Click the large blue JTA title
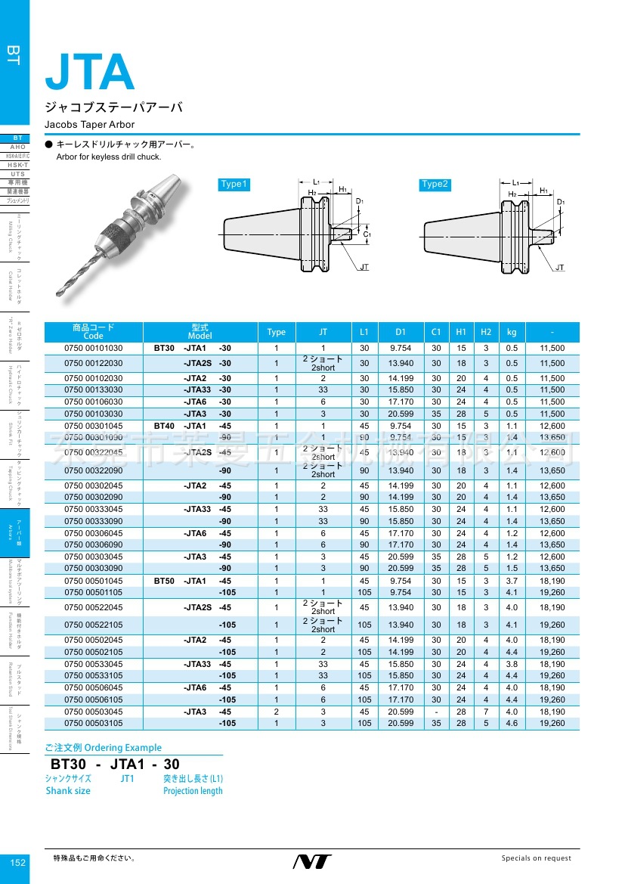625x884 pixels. click(90, 73)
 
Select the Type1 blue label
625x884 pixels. click(234, 185)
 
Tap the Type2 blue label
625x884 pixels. click(435, 185)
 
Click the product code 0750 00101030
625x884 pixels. click(94, 348)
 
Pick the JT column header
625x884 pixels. click(323, 332)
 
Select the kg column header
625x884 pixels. click(512, 332)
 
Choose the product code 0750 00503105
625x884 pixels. click(94, 724)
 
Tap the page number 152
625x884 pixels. click(18, 863)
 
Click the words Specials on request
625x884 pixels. click(537, 858)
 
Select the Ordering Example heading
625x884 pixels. click(94, 747)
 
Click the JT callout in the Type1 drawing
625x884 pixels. click(364, 268)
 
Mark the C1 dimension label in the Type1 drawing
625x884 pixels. click(367, 234)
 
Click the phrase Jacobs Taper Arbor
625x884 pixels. click(89, 124)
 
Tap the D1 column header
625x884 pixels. click(400, 332)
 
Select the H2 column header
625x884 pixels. click(486, 332)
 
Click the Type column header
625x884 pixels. click(277, 332)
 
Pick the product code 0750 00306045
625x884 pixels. click(94, 533)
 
